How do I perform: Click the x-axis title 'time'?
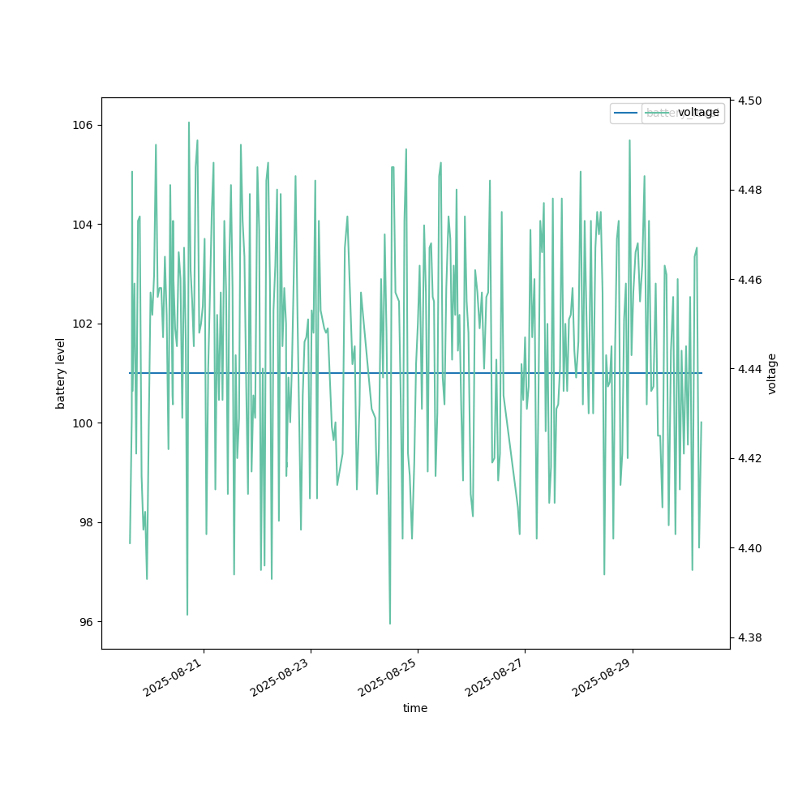click(x=415, y=708)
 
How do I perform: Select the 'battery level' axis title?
click(x=61, y=373)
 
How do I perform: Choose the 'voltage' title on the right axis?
click(x=772, y=373)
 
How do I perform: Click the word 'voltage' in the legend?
click(x=698, y=113)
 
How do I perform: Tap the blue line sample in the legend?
click(x=626, y=113)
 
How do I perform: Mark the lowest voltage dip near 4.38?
click(x=390, y=624)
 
